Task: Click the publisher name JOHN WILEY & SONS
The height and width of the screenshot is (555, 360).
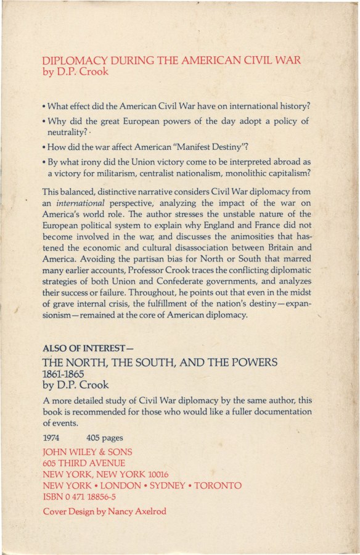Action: pyautogui.click(x=87, y=451)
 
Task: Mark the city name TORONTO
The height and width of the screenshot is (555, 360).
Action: pyautogui.click(x=218, y=486)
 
